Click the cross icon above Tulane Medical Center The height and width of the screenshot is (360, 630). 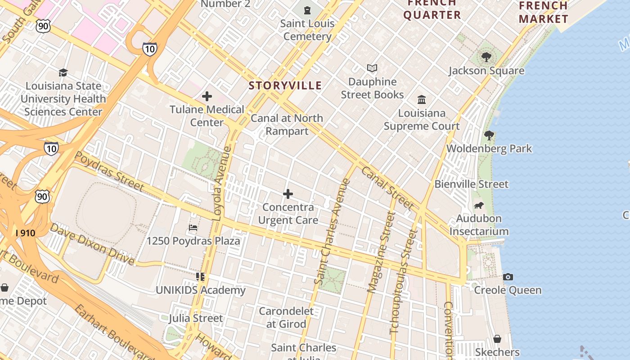207,96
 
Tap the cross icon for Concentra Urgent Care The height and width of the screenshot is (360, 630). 288,194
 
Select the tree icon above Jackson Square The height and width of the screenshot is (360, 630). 486,57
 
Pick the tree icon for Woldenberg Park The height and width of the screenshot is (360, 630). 489,135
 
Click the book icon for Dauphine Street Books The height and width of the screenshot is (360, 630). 372,68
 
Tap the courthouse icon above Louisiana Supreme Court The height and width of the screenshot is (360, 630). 422,99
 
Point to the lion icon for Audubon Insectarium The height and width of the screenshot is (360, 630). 479,206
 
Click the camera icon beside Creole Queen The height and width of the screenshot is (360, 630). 508,277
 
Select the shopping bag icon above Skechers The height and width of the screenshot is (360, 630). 497,339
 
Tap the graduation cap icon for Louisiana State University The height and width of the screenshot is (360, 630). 63,72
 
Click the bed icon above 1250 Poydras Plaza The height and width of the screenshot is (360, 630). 193,228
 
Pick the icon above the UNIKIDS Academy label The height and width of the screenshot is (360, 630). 200,277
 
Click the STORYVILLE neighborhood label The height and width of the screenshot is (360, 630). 285,85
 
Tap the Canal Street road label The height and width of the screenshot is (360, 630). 387,188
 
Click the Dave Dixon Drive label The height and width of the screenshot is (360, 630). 92,243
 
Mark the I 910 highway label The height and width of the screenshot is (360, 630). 25,233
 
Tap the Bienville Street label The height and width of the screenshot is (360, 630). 471,184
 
